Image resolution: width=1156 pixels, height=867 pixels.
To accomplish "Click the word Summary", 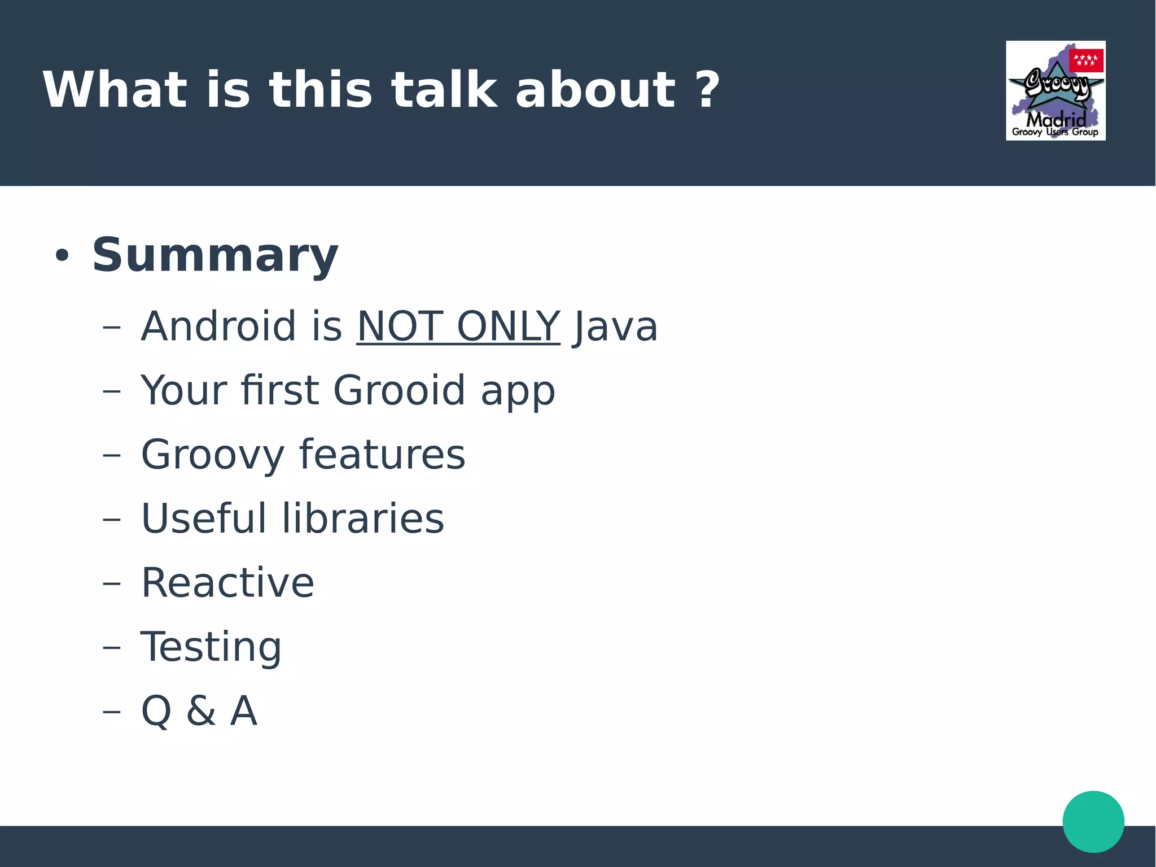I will click(215, 255).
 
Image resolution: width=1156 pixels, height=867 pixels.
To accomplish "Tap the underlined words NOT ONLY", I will click(458, 326).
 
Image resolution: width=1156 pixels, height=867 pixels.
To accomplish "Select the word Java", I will click(615, 326).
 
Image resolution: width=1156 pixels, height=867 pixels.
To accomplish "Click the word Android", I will click(218, 326).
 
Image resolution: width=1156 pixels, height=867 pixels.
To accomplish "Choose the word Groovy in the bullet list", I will click(212, 455).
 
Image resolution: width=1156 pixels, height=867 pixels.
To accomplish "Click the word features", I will click(382, 455).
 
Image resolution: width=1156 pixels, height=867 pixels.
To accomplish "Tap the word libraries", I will click(363, 519).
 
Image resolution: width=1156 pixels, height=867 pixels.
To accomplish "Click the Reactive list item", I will click(227, 582).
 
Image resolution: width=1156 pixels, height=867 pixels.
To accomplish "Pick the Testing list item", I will click(211, 647).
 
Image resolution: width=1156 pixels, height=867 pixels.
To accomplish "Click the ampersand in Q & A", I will click(201, 711).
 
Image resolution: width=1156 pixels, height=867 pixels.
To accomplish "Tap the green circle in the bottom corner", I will click(1093, 821).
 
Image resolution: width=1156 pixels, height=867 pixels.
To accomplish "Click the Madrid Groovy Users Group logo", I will click(1055, 90).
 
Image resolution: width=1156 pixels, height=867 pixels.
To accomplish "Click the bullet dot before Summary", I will click(62, 256).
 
